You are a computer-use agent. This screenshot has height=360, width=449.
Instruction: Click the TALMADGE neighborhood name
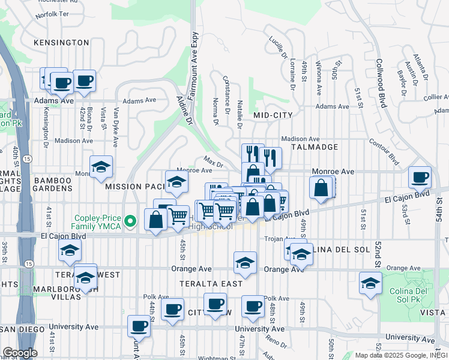tap(315, 147)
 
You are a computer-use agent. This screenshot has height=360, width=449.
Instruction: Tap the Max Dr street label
tap(213, 162)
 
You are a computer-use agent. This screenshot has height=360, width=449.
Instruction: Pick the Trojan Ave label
tap(277, 239)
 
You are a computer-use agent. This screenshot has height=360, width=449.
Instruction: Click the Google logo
tap(20, 353)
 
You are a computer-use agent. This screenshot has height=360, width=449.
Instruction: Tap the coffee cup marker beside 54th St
tap(420, 178)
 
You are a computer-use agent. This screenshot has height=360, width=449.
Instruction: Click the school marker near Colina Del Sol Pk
tap(370, 283)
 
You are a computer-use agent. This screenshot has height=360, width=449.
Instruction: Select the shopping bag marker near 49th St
tap(322, 187)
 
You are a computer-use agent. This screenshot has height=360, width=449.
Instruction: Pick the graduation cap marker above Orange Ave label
tap(244, 263)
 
